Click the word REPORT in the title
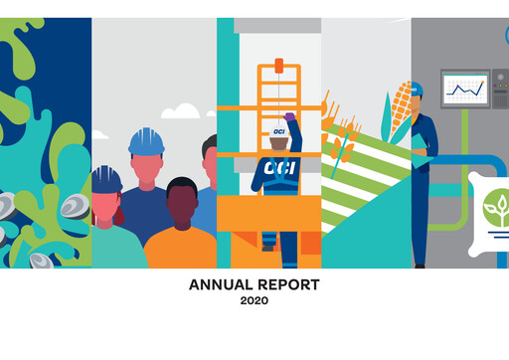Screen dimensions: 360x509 tap(289, 285)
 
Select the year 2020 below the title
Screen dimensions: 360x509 tap(254, 299)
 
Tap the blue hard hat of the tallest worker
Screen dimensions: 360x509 tap(146, 141)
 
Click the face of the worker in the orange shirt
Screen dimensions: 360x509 tap(181, 204)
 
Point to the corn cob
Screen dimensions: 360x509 tap(400, 109)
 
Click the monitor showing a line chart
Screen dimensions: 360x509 tap(464, 90)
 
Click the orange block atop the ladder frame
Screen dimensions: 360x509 tap(278, 66)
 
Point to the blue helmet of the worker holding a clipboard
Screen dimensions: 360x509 tap(417, 90)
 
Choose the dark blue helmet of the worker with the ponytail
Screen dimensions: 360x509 tap(105, 179)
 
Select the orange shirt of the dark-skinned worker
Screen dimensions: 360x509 tap(181, 249)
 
